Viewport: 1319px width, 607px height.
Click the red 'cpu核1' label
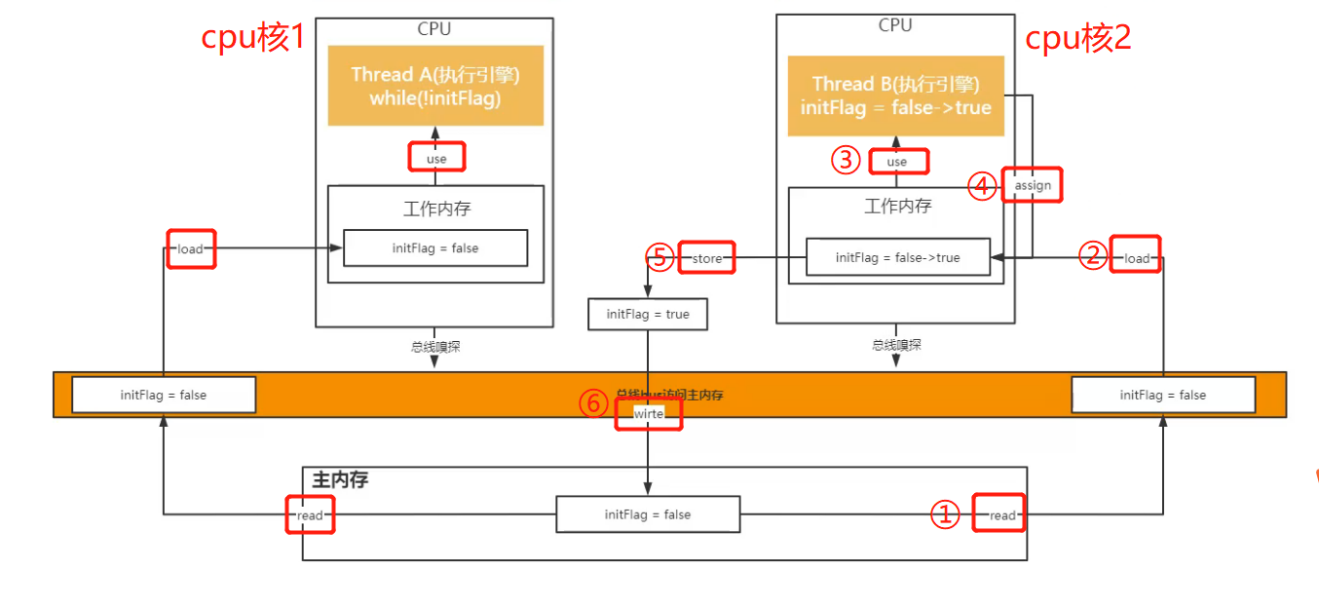253,38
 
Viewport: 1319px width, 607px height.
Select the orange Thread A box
434,86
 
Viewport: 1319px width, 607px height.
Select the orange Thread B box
894,95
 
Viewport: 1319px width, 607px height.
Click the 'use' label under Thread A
436,158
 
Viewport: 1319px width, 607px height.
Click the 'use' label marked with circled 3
897,162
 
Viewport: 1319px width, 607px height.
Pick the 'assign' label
1033,185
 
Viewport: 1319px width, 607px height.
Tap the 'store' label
706,258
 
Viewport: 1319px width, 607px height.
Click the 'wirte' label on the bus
649,413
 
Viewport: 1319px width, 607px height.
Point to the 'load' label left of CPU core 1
190,248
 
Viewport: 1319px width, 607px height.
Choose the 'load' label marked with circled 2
1137,258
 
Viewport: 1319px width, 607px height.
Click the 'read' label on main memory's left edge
311,515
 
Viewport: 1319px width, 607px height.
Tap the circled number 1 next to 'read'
945,515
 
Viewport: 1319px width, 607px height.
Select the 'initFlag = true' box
648,314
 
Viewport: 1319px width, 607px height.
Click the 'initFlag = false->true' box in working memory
897,258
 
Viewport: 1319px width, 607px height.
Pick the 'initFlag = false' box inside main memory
648,514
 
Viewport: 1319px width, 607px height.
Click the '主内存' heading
340,479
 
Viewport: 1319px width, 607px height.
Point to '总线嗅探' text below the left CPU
434,345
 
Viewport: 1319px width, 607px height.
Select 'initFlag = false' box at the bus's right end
1163,395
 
